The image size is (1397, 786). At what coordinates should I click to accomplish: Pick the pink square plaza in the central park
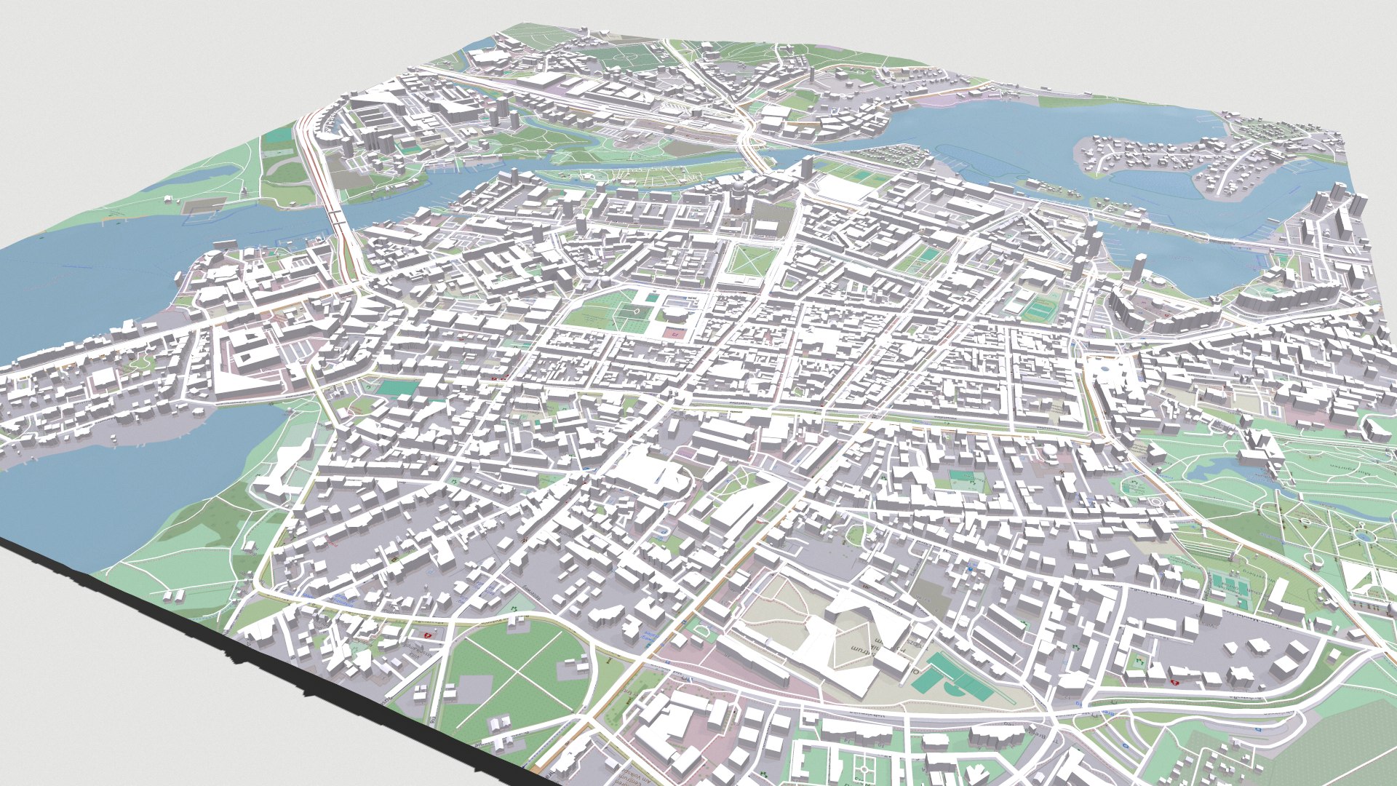tap(674, 333)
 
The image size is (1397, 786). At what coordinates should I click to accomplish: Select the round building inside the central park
tap(673, 313)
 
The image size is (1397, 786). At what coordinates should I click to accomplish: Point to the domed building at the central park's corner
tap(606, 282)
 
